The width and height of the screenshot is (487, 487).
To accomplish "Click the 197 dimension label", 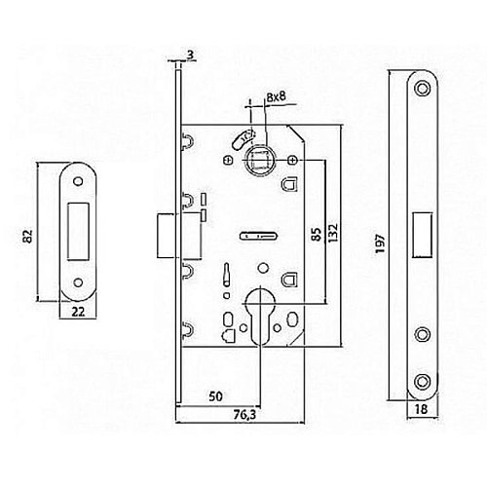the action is click(380, 244).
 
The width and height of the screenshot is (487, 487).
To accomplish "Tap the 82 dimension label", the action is click(28, 236).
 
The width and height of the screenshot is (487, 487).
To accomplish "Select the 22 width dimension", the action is click(78, 312).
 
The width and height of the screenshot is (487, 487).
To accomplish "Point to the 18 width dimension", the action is click(422, 409).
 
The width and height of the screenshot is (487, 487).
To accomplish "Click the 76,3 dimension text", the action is click(245, 415).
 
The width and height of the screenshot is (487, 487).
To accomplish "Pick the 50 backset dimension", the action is click(216, 396).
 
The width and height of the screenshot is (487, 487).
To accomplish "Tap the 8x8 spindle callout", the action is click(276, 97).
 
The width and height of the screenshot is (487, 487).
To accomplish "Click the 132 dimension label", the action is click(333, 233).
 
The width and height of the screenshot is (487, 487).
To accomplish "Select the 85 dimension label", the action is click(318, 235).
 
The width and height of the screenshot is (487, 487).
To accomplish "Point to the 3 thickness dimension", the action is click(191, 56).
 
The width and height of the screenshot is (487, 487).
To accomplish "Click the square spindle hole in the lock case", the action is click(260, 160).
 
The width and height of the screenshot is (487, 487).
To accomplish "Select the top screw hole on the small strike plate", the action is click(78, 181).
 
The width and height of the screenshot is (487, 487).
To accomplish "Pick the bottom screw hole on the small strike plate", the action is click(78, 282).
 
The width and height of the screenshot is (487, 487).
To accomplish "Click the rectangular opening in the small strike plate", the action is click(78, 232).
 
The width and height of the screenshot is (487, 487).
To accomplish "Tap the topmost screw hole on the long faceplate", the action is click(423, 88).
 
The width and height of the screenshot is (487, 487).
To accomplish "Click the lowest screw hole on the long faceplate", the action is click(423, 382).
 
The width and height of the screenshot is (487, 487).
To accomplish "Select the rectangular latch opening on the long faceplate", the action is click(423, 235).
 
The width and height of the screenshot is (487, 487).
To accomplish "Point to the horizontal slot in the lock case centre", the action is click(259, 236).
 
